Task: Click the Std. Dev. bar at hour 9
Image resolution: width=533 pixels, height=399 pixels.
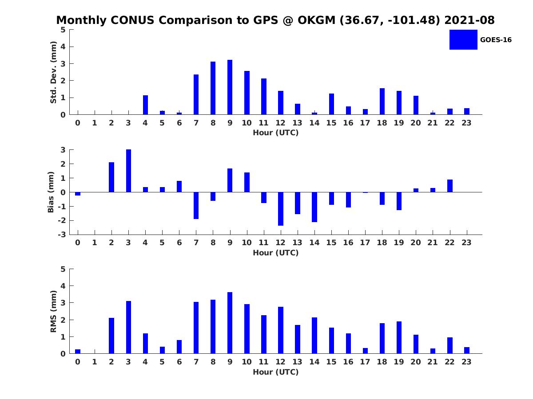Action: (230, 87)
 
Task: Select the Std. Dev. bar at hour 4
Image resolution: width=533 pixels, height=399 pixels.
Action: (145, 105)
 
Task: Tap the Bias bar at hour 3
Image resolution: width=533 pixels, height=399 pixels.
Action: (128, 171)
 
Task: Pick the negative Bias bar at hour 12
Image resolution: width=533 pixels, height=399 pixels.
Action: (280, 209)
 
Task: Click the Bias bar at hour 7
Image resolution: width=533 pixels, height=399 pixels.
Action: (196, 205)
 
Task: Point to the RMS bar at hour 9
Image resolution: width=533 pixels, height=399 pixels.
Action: (230, 323)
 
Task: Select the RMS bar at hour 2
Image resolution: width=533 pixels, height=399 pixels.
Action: (111, 336)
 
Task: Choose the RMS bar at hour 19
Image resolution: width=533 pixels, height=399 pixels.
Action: (399, 337)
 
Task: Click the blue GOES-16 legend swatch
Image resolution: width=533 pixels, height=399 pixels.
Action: (463, 40)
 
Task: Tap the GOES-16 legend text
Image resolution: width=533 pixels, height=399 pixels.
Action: (496, 40)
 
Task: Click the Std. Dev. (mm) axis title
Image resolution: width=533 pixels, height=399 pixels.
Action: (53, 72)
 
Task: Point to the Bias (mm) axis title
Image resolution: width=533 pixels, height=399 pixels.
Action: (51, 192)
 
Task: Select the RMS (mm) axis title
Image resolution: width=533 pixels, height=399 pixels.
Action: (53, 312)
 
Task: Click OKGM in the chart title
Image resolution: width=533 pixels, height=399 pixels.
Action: (316, 20)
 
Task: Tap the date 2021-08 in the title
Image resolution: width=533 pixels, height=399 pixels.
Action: (469, 20)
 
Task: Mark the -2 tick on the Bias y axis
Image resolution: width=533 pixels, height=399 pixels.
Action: (62, 220)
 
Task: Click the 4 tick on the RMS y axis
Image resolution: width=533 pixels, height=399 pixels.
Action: (63, 286)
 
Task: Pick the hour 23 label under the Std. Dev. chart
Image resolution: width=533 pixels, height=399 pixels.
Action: (466, 123)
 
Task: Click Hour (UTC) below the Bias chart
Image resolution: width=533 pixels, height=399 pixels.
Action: (276, 253)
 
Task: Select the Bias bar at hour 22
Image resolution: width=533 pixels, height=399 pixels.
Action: (449, 186)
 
